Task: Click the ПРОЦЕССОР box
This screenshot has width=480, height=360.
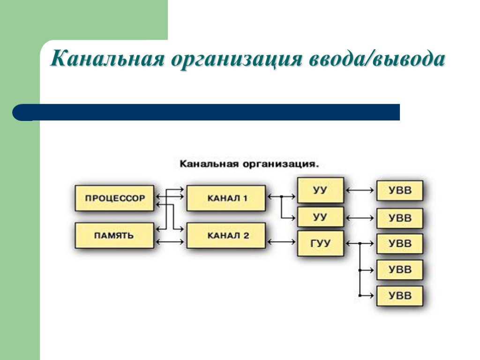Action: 114,198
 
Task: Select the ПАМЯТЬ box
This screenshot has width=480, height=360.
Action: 114,235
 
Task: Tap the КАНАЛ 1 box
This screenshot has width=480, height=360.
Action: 226,198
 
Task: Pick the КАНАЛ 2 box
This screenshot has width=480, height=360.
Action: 226,235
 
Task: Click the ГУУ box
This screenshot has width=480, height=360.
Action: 321,243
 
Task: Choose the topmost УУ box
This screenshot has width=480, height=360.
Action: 321,190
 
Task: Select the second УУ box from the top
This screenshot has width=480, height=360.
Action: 321,217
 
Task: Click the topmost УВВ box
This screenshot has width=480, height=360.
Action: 400,191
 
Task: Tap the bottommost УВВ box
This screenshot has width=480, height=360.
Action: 400,296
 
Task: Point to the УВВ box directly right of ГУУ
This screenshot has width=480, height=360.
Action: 400,244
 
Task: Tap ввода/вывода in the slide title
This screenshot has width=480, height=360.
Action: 375,60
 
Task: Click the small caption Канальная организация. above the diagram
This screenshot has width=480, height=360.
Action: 249,165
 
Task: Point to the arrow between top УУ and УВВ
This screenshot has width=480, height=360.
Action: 360,190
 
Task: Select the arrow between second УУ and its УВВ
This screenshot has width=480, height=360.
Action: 360,217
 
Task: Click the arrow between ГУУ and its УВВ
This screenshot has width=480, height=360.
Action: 360,244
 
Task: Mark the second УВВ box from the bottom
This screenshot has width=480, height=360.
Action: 400,270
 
